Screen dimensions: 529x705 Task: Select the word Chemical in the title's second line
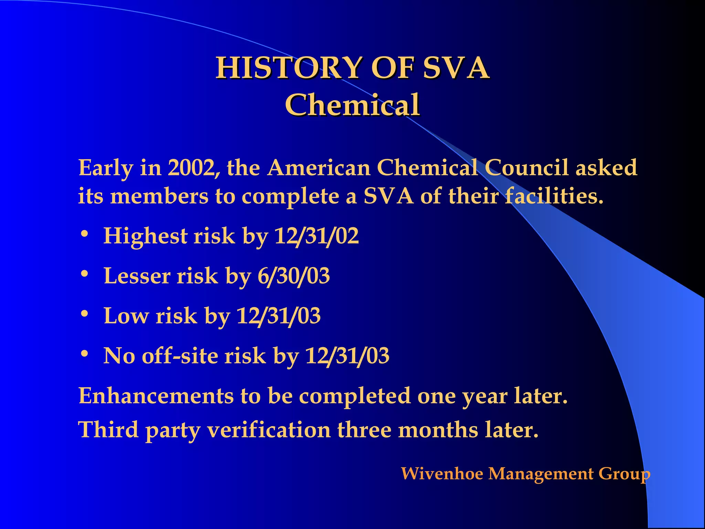(352, 105)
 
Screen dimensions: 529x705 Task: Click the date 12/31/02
(316, 236)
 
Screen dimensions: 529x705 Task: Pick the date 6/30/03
(294, 276)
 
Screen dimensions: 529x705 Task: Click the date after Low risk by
(278, 316)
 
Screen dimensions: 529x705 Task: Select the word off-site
(180, 355)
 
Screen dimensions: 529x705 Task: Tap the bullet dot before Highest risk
(84, 235)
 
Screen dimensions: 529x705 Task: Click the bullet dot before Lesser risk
(84, 274)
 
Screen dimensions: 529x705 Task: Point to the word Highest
(145, 237)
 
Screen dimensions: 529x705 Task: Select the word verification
(269, 430)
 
